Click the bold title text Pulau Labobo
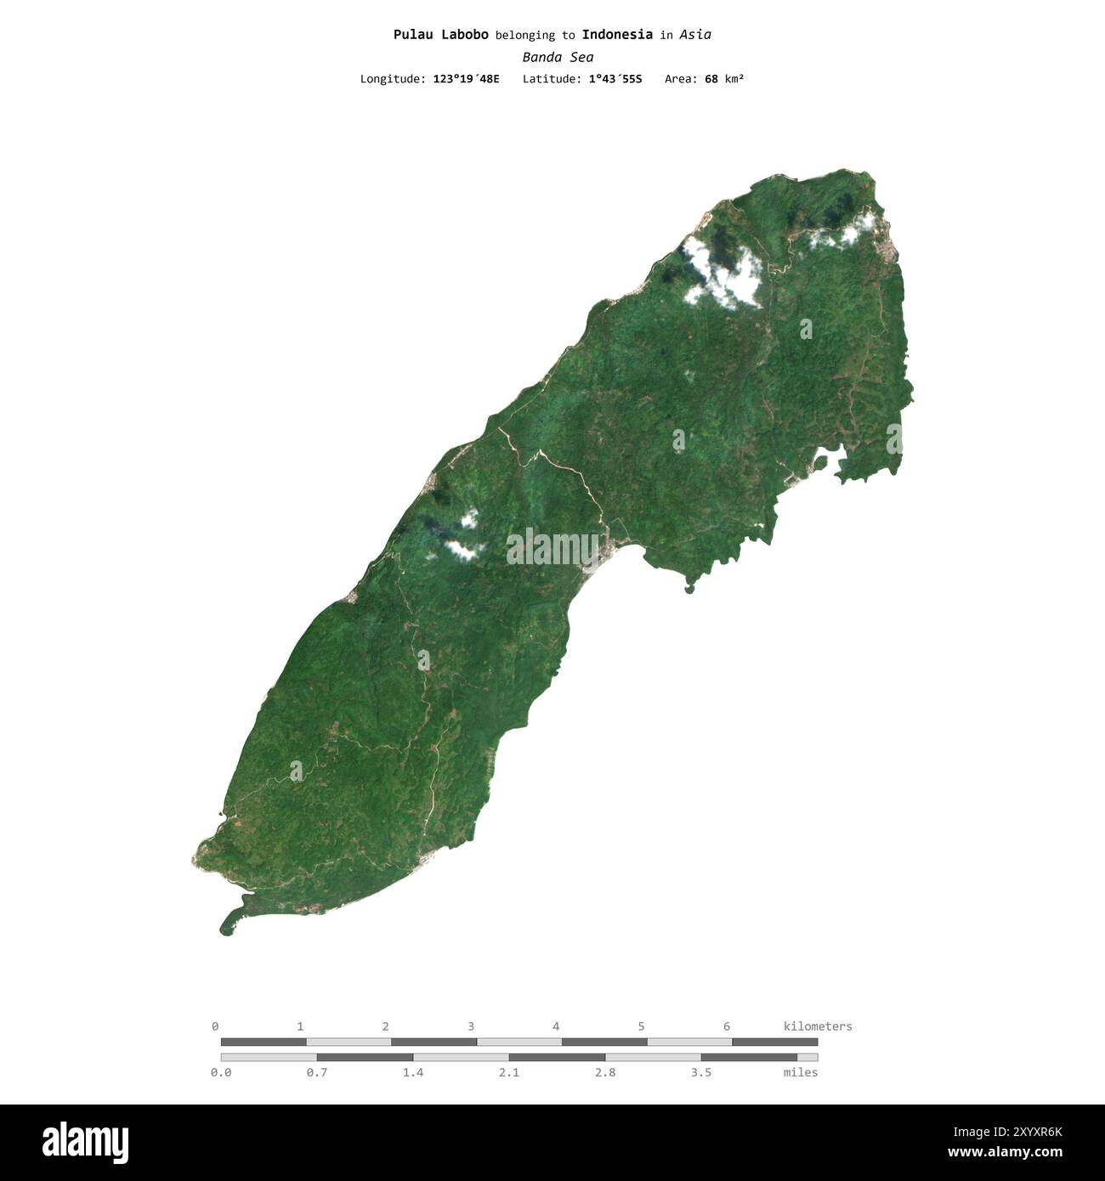pos(440,35)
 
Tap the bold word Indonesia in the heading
pos(617,35)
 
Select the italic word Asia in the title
pos(695,35)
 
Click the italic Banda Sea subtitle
pos(558,57)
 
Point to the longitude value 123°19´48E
pos(466,79)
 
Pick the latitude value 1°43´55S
pos(615,79)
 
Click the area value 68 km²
pos(723,79)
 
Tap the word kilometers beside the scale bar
pos(817,1026)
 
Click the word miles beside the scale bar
pos(800,1072)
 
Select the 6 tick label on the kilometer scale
pos(726,1026)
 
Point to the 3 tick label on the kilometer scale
pos(470,1026)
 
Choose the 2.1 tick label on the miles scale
pos(508,1072)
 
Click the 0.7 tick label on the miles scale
pos(316,1072)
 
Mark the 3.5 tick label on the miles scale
pos(700,1072)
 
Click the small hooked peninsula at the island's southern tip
pos(229,922)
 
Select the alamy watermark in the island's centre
pos(552,548)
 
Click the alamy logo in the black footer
pos(85,1143)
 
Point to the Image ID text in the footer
pos(1007,1132)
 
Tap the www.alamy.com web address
pos(1005,1153)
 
